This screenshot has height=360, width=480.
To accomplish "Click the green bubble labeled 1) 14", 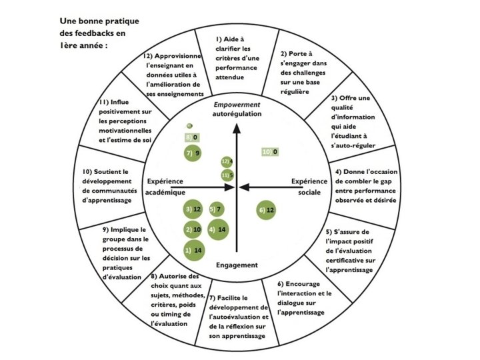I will (x=194, y=250).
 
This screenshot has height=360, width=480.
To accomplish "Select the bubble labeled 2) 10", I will (x=193, y=230).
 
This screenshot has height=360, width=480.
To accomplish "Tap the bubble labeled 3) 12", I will (x=193, y=211).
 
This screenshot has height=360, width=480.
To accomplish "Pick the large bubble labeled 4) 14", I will (x=219, y=230).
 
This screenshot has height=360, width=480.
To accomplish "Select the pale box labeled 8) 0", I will (x=192, y=138).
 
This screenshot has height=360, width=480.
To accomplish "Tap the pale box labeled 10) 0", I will (x=269, y=152).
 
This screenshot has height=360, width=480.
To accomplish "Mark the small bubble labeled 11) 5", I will (x=227, y=175).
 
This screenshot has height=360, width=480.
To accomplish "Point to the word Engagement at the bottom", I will (x=237, y=265).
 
